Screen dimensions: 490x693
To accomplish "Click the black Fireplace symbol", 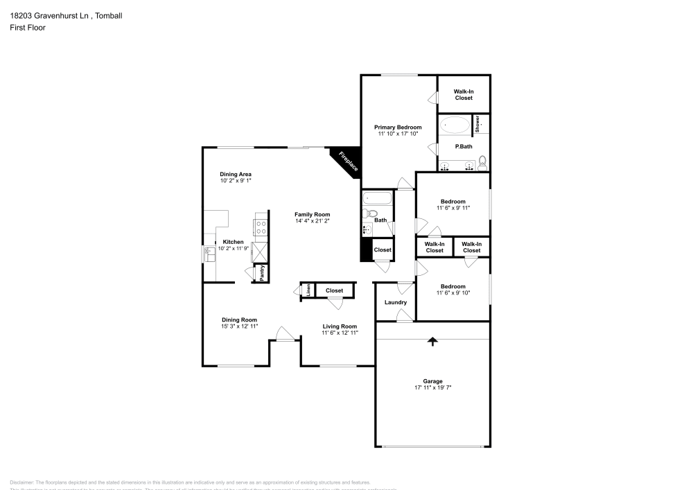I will point(344,162).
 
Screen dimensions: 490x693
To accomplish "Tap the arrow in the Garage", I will point(433,341).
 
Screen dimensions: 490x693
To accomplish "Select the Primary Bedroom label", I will point(398,128).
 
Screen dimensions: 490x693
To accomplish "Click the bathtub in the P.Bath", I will point(455,125).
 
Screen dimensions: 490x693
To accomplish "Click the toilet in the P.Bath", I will point(483,164).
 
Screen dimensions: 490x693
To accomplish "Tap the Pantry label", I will point(262,274).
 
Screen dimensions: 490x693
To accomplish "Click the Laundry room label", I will point(395,302).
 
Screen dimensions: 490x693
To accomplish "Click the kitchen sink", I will point(209,255).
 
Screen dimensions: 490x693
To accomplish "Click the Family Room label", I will point(312,215).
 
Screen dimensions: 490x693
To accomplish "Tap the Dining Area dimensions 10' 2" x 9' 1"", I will point(236,181).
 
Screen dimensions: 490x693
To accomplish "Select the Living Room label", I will point(340,326).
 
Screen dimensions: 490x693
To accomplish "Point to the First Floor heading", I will point(28,28).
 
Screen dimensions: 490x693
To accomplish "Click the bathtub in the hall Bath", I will point(377,199).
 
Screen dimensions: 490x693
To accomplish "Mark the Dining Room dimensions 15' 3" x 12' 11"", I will point(239,326).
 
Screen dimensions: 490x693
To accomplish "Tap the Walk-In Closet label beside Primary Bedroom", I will point(464,94).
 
